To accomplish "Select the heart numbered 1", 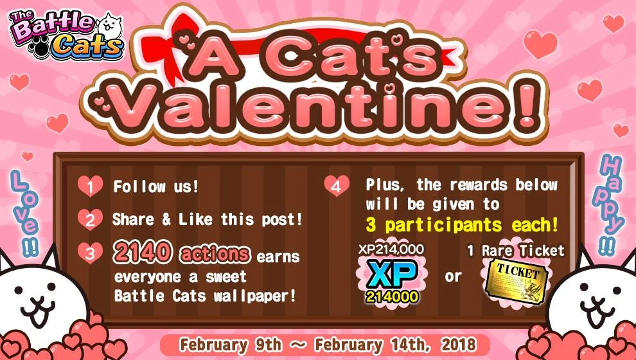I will tap(91, 186).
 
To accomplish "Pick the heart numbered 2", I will tap(91, 219).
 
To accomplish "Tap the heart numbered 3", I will tap(91, 253).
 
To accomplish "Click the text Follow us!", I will tap(156, 187).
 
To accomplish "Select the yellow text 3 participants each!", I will tap(461, 226).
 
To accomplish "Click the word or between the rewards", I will tap(453, 278).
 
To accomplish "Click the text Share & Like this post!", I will tap(207, 219).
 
